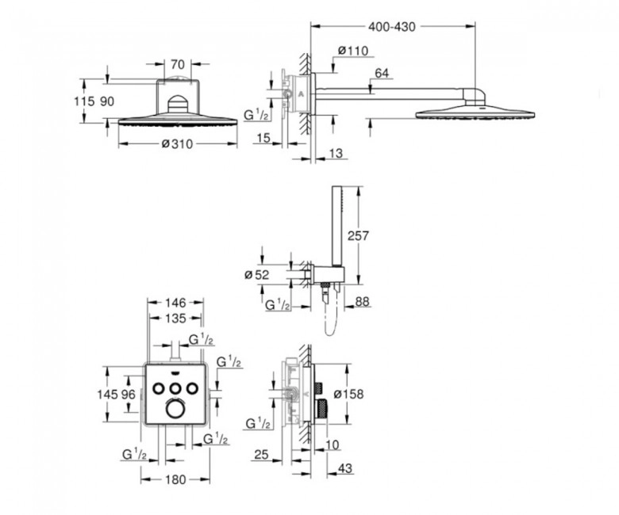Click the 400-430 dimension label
point(391,27)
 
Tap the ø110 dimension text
point(353,51)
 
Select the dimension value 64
point(382,74)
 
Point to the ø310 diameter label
point(177,144)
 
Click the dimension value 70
point(178,63)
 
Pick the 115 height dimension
point(84,101)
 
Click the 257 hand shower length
point(358,235)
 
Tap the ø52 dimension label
point(256,274)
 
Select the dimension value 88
point(362,301)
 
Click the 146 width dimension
point(175,303)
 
